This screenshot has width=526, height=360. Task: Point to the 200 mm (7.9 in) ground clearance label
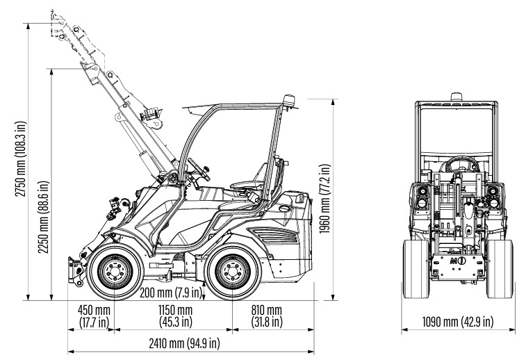(170, 293)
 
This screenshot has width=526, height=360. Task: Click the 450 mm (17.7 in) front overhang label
(93, 316)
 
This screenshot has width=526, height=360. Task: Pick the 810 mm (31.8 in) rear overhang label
(266, 316)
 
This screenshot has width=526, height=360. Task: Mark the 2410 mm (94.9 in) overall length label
(185, 343)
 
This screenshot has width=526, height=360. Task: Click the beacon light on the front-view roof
(457, 96)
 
